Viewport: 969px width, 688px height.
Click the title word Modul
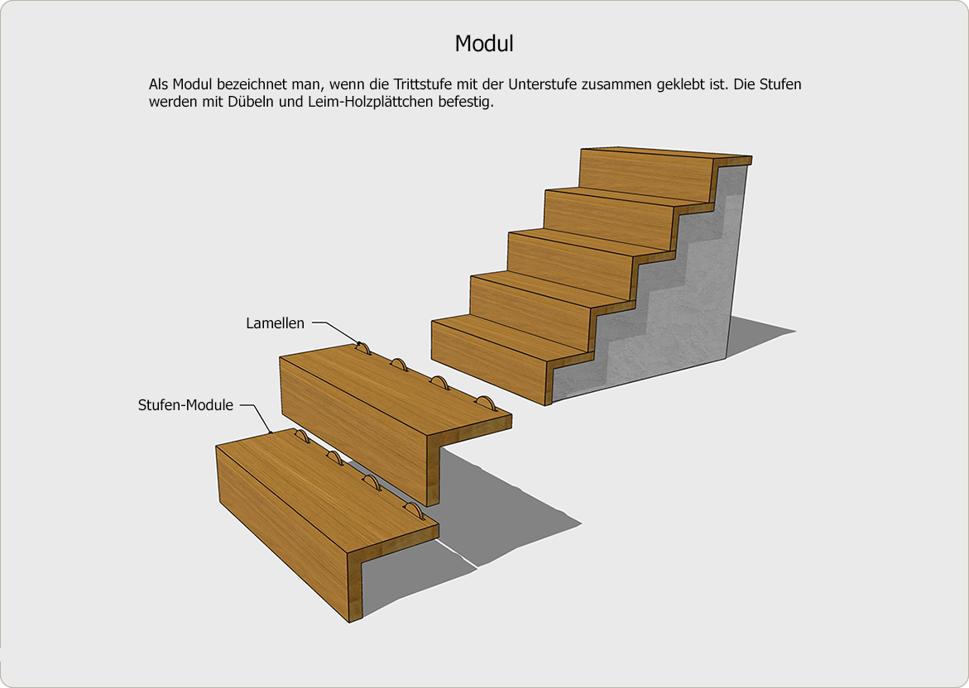pyautogui.click(x=484, y=44)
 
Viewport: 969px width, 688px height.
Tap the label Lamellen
pyautogui.click(x=275, y=323)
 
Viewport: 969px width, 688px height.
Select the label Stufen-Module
pyautogui.click(x=185, y=405)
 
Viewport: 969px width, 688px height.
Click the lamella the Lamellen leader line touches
pyautogui.click(x=362, y=349)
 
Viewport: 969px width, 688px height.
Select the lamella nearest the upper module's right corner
pyautogui.click(x=486, y=403)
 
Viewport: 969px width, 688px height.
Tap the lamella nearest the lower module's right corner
pyautogui.click(x=414, y=510)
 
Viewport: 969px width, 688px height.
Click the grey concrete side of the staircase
pyautogui.click(x=668, y=296)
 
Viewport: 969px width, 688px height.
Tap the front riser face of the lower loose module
pyautogui.click(x=281, y=531)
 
